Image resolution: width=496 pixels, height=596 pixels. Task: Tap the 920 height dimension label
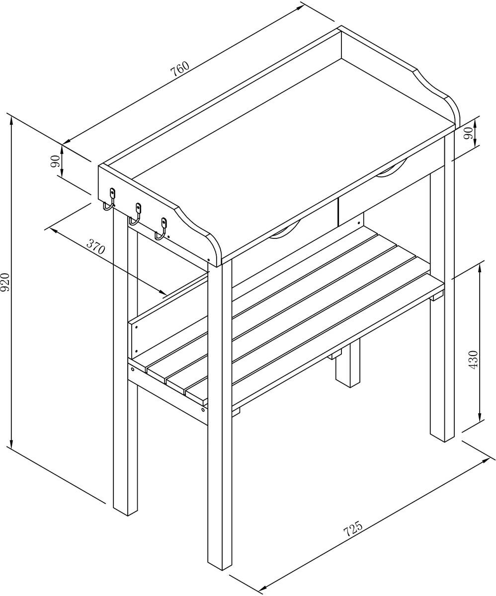pyautogui.click(x=6, y=282)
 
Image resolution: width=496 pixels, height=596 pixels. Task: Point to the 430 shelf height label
pyautogui.click(x=473, y=359)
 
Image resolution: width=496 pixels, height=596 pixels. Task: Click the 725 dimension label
pyautogui.click(x=353, y=530)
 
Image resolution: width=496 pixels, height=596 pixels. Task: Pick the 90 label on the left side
pyautogui.click(x=56, y=160)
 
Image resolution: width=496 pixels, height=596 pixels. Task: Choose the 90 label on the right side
pyautogui.click(x=468, y=132)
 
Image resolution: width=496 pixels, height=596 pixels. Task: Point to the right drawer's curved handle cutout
pyautogui.click(x=392, y=169)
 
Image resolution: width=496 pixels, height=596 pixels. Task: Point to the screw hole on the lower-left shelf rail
pyautogui.click(x=133, y=370)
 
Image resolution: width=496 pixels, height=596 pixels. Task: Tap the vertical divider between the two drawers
pyautogui.click(x=338, y=211)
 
